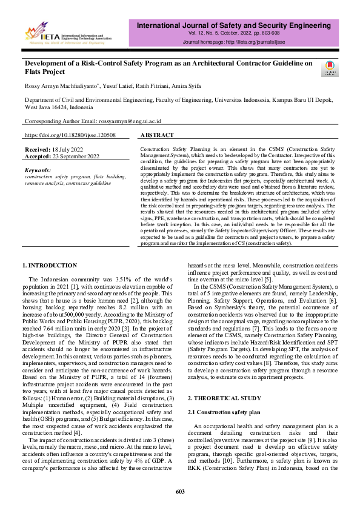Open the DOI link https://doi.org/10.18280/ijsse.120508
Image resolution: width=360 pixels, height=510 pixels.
click(x=70, y=135)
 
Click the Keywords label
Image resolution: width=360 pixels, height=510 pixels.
click(x=38, y=170)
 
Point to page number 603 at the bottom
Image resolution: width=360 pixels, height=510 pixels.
click(x=179, y=491)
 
